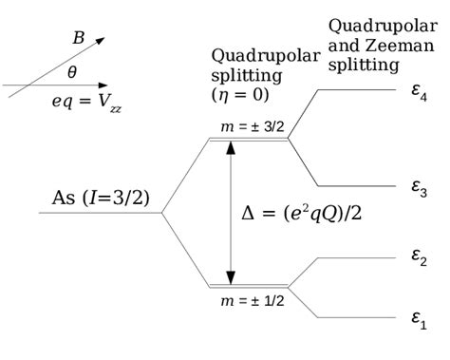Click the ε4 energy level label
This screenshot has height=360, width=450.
click(419, 93)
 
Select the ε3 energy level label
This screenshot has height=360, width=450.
click(419, 189)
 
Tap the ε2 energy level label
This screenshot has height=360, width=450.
click(419, 259)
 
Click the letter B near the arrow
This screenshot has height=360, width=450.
click(78, 39)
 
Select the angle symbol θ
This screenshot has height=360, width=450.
click(72, 71)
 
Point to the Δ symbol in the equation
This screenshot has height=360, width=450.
click(248, 213)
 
